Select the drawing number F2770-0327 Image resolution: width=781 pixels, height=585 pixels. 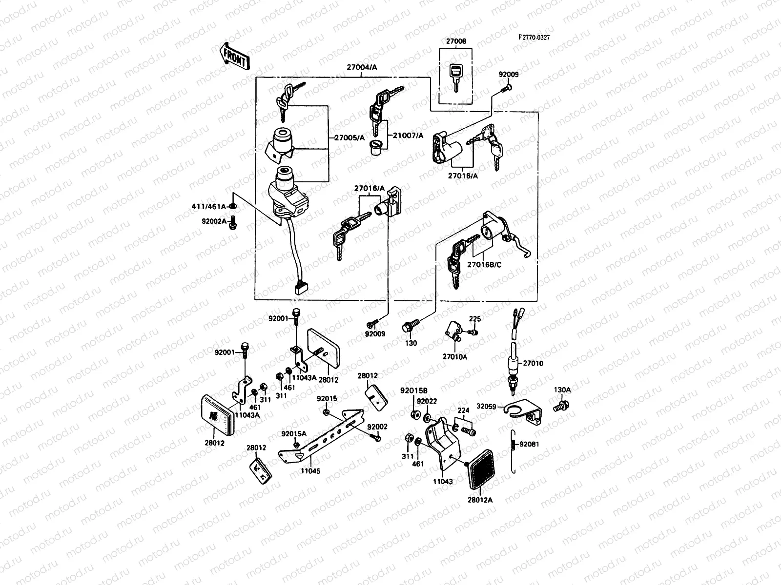537,38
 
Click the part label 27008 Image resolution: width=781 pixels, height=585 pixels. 455,41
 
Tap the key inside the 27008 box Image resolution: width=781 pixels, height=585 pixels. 455,77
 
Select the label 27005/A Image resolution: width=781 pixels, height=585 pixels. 349,138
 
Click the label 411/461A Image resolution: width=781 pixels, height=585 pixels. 209,207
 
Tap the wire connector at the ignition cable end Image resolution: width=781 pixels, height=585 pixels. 301,289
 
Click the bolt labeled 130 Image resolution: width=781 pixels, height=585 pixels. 408,326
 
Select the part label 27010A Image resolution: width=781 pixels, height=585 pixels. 455,356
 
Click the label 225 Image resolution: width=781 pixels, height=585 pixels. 475,319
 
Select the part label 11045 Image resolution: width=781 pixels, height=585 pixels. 310,472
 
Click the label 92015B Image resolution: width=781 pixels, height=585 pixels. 414,390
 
